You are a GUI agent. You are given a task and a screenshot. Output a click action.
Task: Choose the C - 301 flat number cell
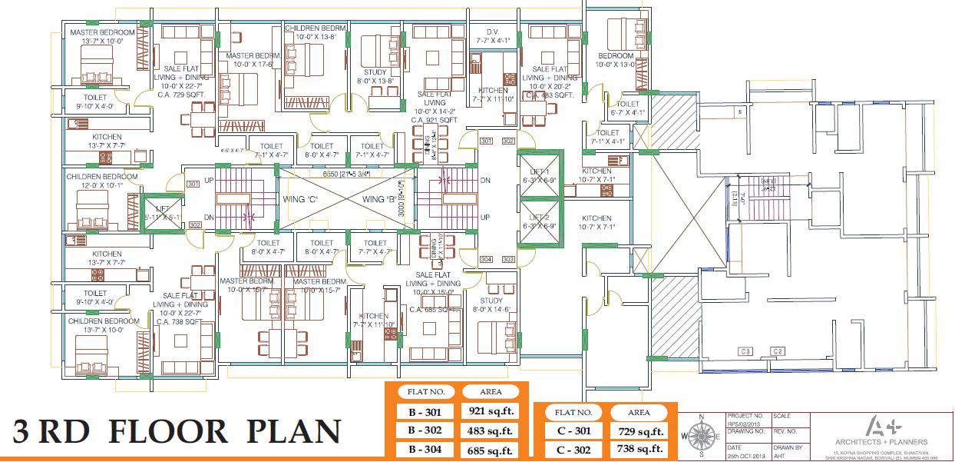point(572,432)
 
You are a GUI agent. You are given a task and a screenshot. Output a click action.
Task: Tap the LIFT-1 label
point(540,175)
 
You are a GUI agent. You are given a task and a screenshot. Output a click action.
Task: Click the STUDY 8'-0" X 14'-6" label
point(491,305)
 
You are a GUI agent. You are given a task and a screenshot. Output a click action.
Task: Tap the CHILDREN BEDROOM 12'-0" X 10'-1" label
point(102,181)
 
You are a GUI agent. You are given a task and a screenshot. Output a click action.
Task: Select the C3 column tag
point(745,351)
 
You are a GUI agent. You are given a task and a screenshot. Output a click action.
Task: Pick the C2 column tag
point(778,351)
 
